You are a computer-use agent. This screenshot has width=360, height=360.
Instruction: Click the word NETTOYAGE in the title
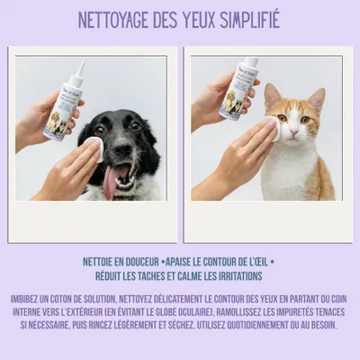tap(116, 19)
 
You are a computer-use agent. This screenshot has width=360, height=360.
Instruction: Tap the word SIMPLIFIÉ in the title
tap(245, 19)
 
